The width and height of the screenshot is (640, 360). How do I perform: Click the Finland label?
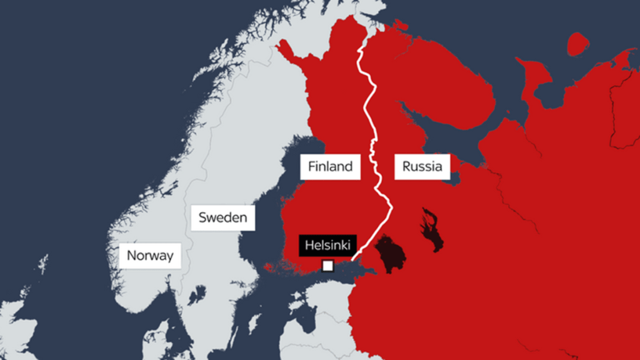(x=330, y=166)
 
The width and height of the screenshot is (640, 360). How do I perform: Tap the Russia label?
(x=422, y=166)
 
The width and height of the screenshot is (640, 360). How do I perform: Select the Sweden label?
(x=222, y=218)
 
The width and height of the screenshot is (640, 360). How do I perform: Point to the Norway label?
(x=150, y=256)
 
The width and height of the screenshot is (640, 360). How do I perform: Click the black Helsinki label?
(x=327, y=245)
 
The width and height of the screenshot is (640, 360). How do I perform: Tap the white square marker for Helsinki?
(x=327, y=266)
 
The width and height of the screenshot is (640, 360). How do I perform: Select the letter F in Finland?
(x=310, y=166)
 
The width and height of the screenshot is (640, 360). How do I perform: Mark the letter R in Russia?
(x=407, y=166)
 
